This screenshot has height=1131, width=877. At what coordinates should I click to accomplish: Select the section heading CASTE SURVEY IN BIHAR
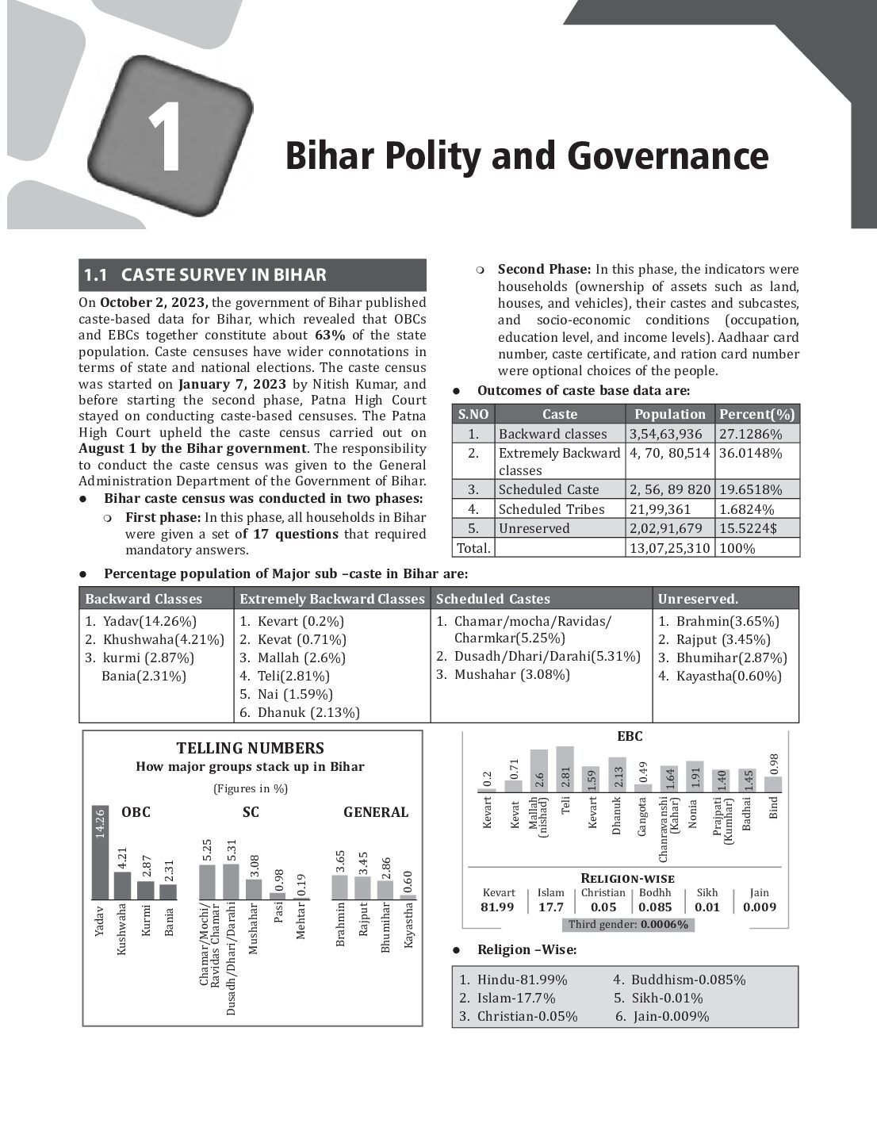(223, 275)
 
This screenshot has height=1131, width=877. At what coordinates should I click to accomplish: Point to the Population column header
(670, 414)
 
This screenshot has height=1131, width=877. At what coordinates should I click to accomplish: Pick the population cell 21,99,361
(661, 509)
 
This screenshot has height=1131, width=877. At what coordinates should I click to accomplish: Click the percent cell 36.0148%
(751, 453)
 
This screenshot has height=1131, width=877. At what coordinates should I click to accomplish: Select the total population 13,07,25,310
(670, 548)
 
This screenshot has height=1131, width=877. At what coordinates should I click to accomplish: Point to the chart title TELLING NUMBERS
(250, 748)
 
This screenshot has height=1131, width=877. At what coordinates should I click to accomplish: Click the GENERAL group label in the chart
(376, 812)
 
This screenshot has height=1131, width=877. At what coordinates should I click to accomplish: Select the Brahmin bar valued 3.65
(339, 887)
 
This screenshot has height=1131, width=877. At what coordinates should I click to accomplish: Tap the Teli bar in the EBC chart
(565, 769)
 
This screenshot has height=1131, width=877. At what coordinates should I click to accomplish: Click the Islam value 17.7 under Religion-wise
(550, 907)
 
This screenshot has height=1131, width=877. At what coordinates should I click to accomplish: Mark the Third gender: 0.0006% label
(628, 925)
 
